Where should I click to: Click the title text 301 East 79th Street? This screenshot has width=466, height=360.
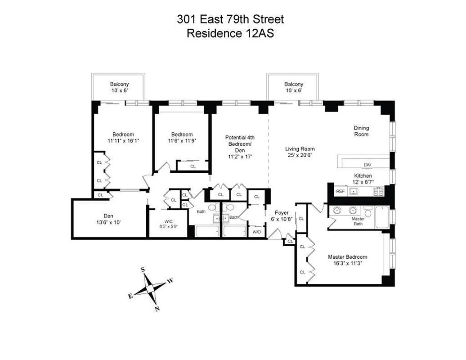click(230, 19)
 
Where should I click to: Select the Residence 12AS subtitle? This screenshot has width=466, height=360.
click(230, 33)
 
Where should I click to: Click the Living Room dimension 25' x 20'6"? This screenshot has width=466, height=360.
click(300, 155)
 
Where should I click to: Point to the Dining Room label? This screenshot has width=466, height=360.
click(361, 131)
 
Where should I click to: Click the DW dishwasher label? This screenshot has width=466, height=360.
click(367, 164)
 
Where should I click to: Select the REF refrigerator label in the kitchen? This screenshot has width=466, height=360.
click(341, 192)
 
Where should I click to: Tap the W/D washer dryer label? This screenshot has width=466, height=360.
click(256, 232)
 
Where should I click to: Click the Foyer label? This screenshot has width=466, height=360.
click(282, 213)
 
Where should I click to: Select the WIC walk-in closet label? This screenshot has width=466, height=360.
click(169, 221)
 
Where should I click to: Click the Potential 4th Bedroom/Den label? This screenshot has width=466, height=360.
click(239, 144)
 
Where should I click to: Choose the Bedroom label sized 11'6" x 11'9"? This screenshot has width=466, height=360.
click(182, 135)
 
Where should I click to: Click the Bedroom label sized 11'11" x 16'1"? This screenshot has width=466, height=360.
click(123, 135)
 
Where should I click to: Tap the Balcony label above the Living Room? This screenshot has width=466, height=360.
click(293, 84)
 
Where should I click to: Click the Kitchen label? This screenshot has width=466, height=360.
click(363, 175)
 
